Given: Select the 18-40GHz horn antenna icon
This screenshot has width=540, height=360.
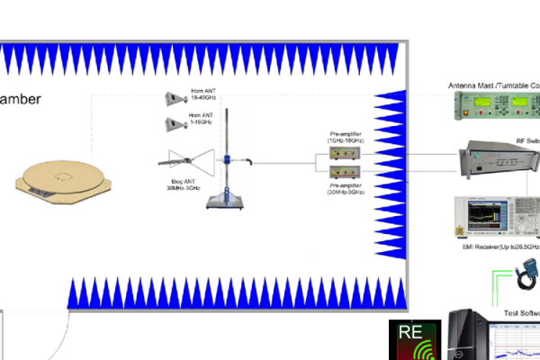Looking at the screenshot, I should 175,97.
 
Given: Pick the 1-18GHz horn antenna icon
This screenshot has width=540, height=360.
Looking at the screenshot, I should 175,124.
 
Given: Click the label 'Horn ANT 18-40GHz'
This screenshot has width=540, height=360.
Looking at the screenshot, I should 200,96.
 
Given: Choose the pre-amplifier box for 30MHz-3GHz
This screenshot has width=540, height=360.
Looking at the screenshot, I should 346,173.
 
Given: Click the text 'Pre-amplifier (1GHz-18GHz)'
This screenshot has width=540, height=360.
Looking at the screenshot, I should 346,137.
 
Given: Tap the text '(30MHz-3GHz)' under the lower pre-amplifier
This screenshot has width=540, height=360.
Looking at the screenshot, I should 346,190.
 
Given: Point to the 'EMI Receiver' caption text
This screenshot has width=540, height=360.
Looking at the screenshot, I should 499,247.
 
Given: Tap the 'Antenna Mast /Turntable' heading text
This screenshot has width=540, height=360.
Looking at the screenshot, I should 493,85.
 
